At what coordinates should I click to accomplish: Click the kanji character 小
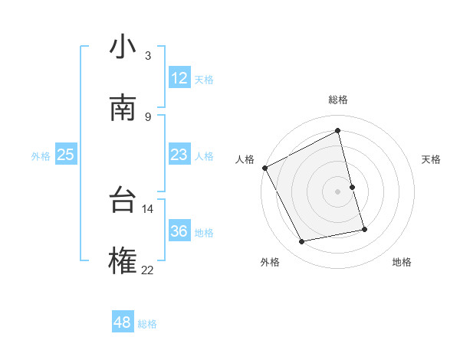pos(123,47)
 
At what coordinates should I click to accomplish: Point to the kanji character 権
pos(123,261)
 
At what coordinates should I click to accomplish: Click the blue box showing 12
pos(179,78)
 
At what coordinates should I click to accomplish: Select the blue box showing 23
pos(179,155)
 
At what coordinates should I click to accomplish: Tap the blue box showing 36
pos(179,232)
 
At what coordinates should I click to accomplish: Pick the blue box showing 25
pos(65,155)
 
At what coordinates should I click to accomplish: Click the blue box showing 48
pos(122,322)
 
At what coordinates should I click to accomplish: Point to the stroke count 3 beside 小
pos(148,56)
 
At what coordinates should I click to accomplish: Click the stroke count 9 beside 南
pos(148,116)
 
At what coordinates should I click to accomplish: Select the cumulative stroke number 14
pos(148,208)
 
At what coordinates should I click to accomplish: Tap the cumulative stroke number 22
pos(148,270)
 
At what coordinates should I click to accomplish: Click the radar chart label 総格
pos(338,100)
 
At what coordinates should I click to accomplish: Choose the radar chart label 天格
pos(432,159)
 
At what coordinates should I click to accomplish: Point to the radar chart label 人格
pos(245,159)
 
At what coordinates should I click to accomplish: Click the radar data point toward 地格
pos(364,229)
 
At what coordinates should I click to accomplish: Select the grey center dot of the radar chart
pos(338,191)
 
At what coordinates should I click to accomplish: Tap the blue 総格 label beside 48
pos(147,324)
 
